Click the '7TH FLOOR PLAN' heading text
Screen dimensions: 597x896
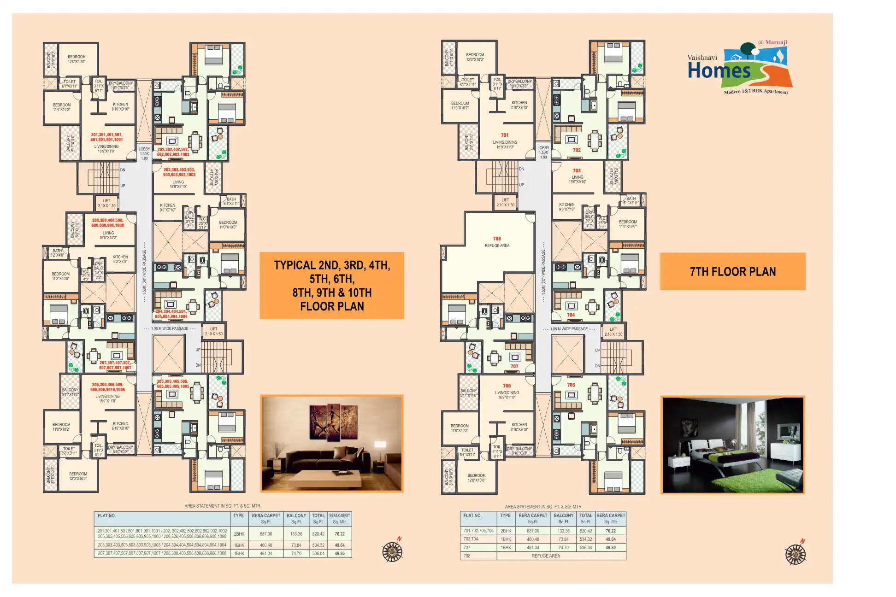coord(732,272)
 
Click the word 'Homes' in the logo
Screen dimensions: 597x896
coord(719,70)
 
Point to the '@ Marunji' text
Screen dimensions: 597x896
coord(772,42)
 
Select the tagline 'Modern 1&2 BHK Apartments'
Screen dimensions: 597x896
coord(756,91)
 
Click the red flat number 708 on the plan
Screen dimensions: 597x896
coord(496,239)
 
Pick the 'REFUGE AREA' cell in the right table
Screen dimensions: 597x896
coord(546,556)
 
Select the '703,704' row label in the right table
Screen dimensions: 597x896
coord(471,539)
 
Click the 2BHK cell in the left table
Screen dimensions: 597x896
coord(239,534)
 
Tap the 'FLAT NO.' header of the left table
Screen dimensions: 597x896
coord(107,516)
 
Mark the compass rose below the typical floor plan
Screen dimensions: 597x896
coord(392,551)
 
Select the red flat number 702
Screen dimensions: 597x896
coord(577,150)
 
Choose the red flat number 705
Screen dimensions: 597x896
coord(571,385)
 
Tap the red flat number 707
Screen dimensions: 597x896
coord(514,366)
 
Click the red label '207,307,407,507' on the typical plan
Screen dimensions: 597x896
coord(115,363)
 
